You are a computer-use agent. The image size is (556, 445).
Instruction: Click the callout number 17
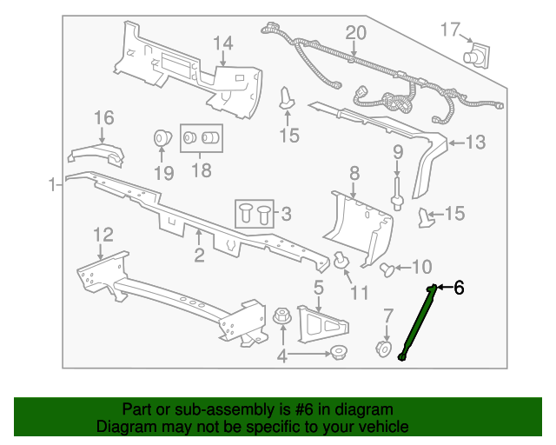click(x=449, y=30)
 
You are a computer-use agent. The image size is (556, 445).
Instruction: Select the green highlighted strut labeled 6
click(x=416, y=322)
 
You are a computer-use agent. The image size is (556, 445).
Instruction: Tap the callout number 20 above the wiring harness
click(x=355, y=33)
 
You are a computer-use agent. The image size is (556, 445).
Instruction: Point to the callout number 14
click(x=223, y=43)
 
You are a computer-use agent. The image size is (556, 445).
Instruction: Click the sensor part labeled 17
click(x=476, y=56)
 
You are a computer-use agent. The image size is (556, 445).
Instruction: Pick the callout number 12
click(x=103, y=233)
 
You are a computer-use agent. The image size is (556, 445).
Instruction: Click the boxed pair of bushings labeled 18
click(x=201, y=137)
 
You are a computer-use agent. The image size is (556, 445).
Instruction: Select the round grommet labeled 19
click(x=162, y=139)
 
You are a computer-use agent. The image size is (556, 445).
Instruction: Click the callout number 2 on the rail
click(x=199, y=255)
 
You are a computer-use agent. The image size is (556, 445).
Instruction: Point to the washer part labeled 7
click(x=383, y=348)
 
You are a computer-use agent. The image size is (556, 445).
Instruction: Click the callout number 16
click(x=103, y=117)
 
